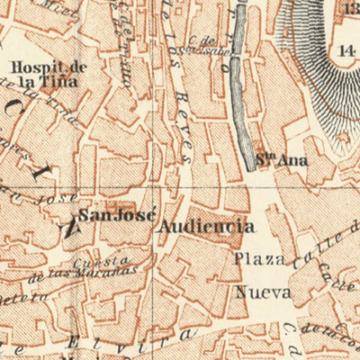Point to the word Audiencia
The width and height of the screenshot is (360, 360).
[x=204, y=226]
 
